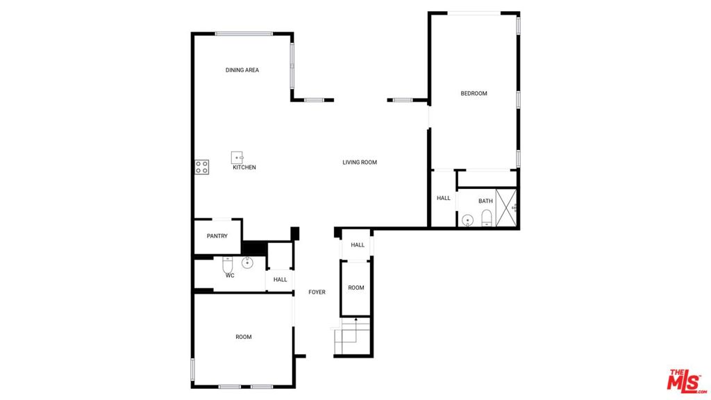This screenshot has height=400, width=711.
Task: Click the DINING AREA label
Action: (242, 70)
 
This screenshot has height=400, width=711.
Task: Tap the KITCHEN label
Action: (244, 167)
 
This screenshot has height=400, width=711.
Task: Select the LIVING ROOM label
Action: (360, 162)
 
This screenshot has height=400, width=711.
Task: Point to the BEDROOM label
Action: (474, 94)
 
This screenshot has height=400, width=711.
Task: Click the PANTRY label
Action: (217, 236)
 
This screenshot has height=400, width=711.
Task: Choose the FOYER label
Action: (317, 292)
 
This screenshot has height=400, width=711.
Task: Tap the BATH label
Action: (485, 201)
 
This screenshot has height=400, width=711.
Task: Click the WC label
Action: (230, 275)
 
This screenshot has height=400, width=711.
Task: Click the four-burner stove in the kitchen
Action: (202, 167)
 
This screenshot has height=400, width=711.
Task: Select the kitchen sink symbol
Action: (237, 158)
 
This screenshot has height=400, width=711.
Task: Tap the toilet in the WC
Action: (227, 264)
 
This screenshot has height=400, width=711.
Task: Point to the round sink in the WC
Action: (247, 262)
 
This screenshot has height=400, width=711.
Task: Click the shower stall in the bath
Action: (506, 207)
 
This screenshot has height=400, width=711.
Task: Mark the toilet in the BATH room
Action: (487, 218)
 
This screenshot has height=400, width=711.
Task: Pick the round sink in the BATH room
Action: (467, 220)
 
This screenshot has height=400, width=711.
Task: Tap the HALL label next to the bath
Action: (444, 198)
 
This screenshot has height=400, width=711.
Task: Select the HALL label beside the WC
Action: (281, 279)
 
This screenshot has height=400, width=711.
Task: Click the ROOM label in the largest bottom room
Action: (244, 337)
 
